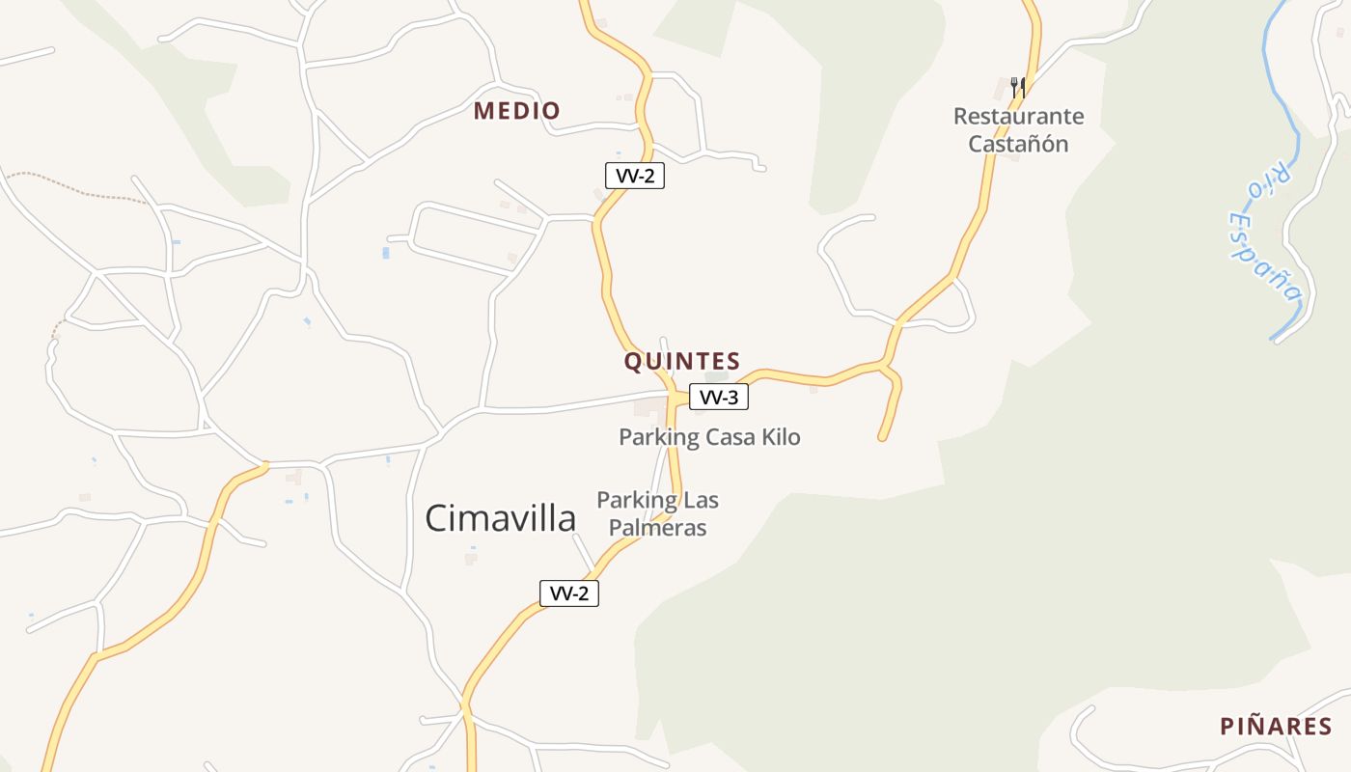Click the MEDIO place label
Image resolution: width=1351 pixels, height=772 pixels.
(x=516, y=111)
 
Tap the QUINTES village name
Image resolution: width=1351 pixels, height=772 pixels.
(x=681, y=362)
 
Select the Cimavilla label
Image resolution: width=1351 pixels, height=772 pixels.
(x=500, y=518)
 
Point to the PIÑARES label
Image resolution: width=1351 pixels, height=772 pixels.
(x=1275, y=727)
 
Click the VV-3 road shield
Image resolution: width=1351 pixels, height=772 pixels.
(x=719, y=397)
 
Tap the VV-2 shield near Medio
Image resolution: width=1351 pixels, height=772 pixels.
(x=634, y=176)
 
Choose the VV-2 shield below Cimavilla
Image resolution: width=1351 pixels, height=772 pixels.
(x=569, y=593)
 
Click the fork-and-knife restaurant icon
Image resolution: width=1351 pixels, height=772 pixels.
(x=1017, y=88)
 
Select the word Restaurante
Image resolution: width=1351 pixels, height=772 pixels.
(x=1018, y=117)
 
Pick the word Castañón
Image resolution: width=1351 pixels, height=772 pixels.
(x=1018, y=145)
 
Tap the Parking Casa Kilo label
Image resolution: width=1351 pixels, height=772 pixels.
(x=709, y=437)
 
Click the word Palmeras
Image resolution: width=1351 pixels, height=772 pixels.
(x=657, y=528)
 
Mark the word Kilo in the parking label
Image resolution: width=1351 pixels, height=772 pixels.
(x=781, y=437)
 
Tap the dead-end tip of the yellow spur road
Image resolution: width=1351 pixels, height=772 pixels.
(x=882, y=438)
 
